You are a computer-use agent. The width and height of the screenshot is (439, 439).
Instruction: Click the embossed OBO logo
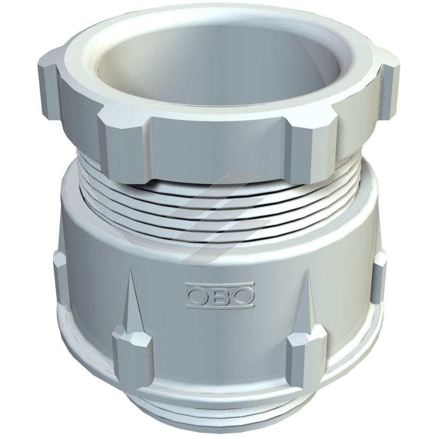pyautogui.click(x=220, y=295)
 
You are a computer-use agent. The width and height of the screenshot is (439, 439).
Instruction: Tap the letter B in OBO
pyautogui.click(x=219, y=295)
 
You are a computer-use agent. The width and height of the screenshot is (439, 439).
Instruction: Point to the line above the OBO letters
pyautogui.click(x=220, y=284)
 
